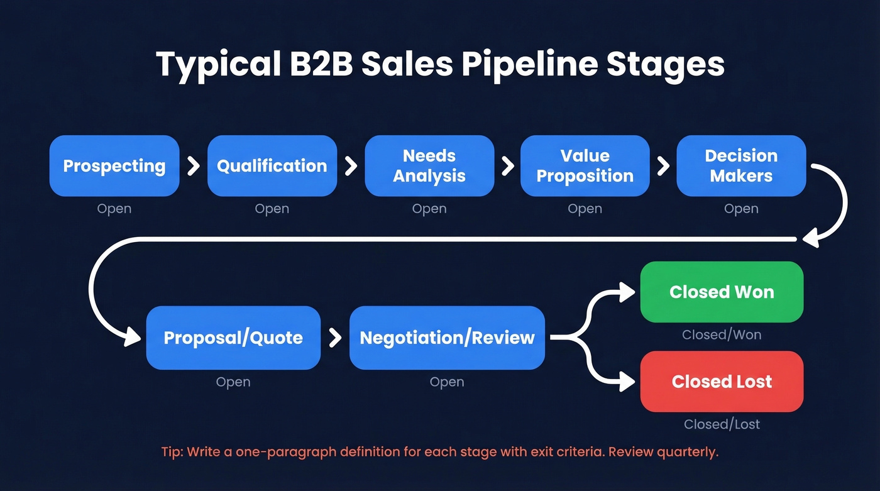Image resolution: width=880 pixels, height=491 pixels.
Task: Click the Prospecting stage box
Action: (114, 166)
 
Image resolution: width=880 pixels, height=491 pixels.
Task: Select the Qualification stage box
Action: (272, 166)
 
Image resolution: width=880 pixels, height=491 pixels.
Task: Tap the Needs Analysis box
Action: (429, 166)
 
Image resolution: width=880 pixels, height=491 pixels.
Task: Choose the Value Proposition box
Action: (585, 166)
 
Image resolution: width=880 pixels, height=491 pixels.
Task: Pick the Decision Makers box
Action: (741, 166)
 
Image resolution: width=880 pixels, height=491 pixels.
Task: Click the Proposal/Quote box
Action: (233, 338)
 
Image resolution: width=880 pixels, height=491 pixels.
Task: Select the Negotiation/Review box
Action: (447, 338)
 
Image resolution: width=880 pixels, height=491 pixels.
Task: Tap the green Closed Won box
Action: (722, 292)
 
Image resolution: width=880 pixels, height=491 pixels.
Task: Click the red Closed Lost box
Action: (722, 382)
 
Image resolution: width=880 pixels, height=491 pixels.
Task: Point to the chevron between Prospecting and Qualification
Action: (194, 166)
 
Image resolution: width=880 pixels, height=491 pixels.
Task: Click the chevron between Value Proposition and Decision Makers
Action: (663, 166)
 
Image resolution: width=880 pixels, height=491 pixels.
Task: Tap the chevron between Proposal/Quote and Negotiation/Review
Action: (335, 338)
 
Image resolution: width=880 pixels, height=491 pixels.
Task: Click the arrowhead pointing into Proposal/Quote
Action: (134, 338)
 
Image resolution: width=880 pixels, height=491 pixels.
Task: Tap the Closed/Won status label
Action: (722, 335)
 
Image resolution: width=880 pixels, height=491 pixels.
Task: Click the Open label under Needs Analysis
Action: (429, 209)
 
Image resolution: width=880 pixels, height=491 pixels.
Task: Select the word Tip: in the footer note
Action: (173, 453)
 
